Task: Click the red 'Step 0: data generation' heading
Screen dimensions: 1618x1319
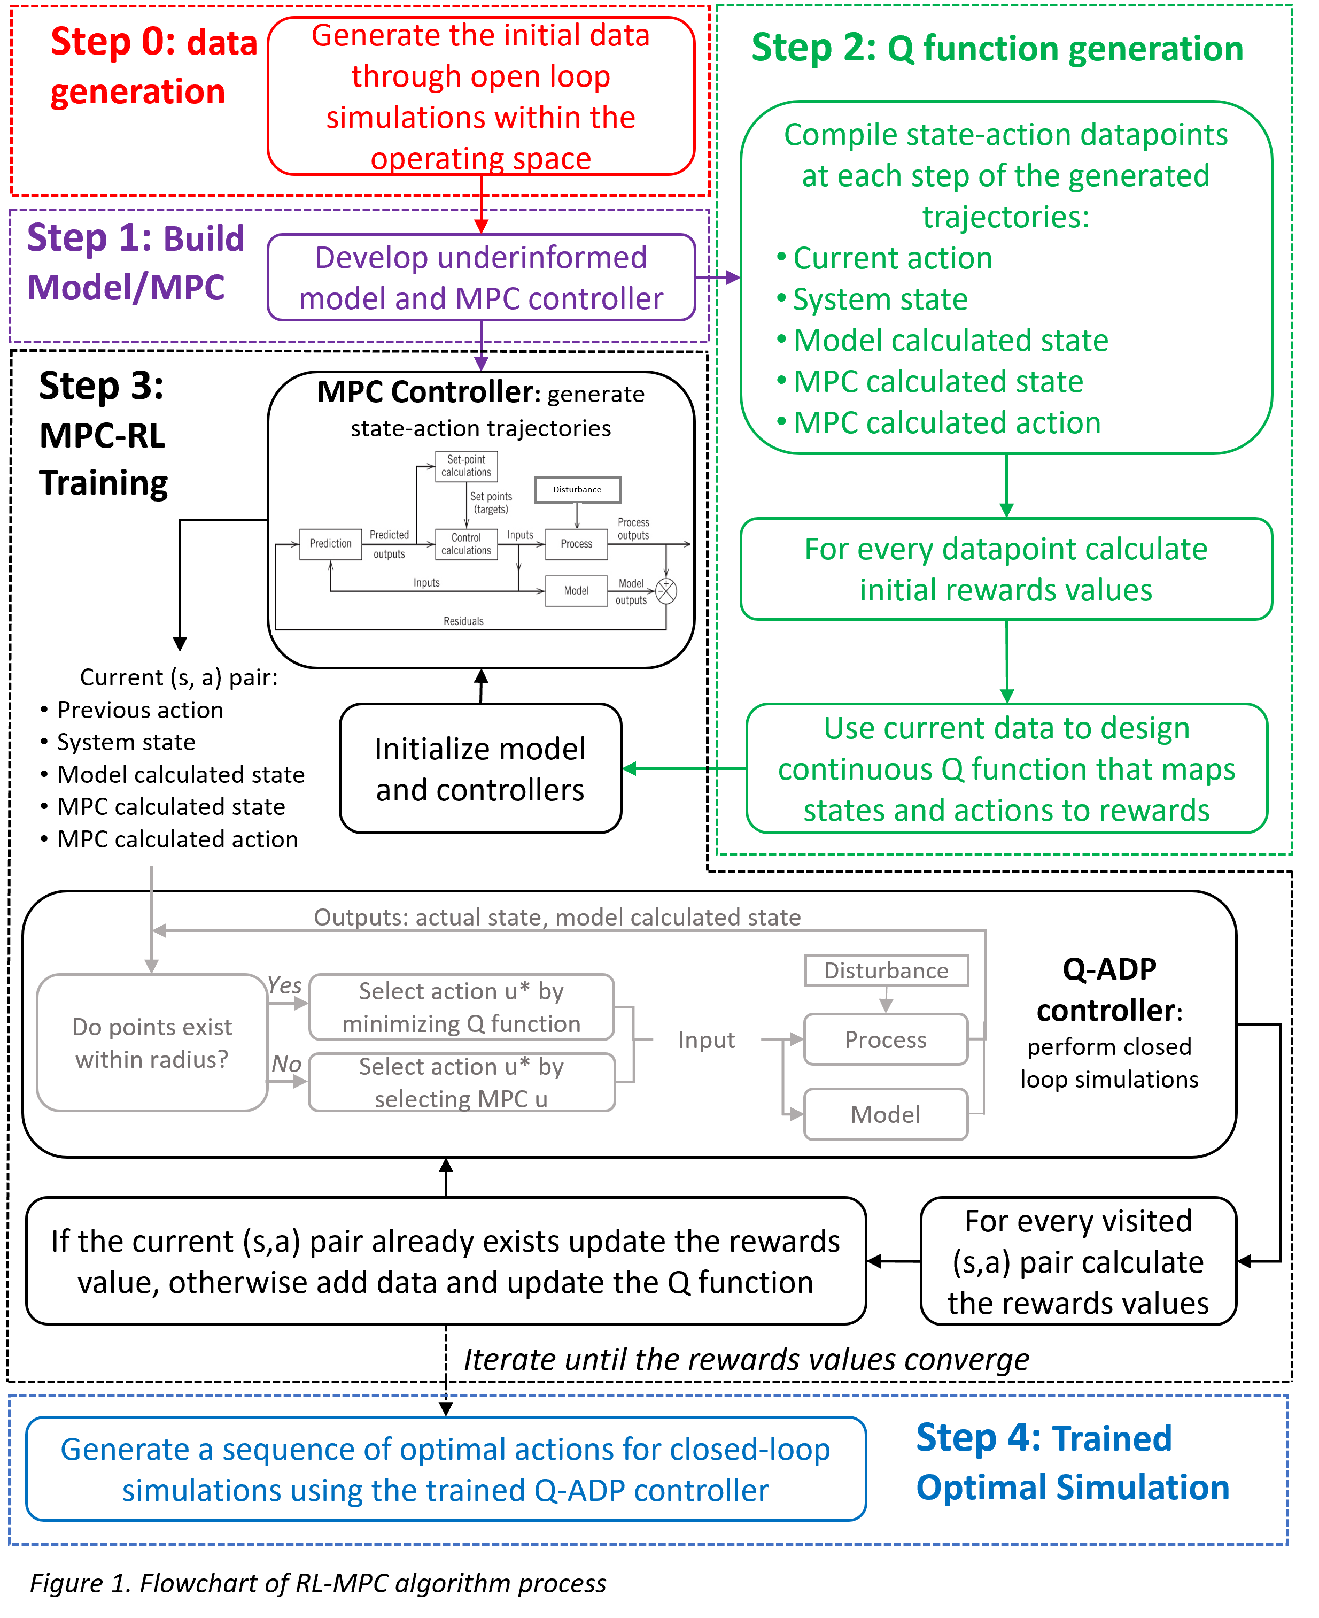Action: tap(152, 67)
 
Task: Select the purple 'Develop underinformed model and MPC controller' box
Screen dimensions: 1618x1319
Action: tap(481, 278)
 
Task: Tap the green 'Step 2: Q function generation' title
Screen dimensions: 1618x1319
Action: tap(997, 49)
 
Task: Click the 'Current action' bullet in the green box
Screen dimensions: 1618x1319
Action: tap(892, 258)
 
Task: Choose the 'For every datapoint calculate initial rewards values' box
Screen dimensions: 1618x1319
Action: tap(1006, 569)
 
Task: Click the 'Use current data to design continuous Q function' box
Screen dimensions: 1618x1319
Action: tap(1006, 769)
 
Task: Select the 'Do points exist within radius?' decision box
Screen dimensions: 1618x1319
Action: tap(152, 1043)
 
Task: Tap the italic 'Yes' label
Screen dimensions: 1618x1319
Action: tap(285, 985)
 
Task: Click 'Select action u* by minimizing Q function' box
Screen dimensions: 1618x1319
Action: tap(461, 1007)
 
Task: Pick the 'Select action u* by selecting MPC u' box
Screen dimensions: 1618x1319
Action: tap(461, 1083)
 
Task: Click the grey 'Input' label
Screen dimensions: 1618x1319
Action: tap(706, 1039)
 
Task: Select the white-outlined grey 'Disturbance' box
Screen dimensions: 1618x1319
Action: tap(886, 970)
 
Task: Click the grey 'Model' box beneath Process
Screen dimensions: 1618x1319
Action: tap(886, 1114)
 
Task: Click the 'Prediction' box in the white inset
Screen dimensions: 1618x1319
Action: tap(330, 544)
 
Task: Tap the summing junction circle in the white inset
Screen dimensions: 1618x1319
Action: tap(666, 591)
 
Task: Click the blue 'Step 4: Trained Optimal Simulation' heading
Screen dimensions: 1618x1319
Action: tap(1072, 1463)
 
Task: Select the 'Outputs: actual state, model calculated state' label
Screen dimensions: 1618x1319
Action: tap(557, 918)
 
